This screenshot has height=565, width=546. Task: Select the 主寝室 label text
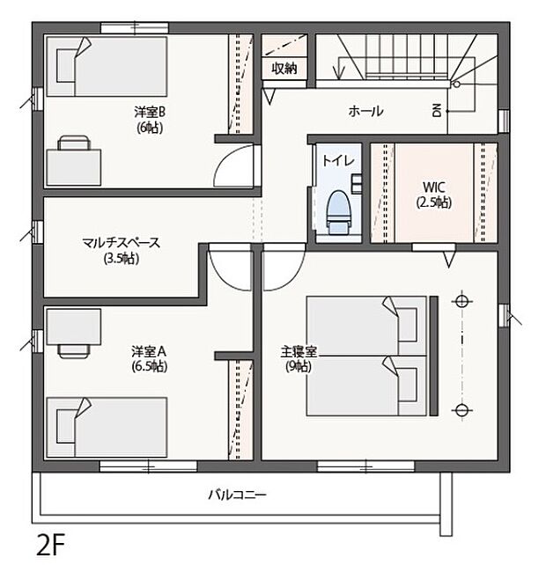[x=300, y=351]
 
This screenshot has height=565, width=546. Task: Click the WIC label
[x=434, y=187]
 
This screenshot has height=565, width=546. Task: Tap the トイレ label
[x=338, y=160]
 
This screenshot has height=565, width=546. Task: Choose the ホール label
[x=365, y=111]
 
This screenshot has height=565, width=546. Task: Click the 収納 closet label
[x=284, y=69]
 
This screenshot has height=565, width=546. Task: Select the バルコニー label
[x=237, y=495]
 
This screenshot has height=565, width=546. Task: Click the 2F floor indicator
[x=51, y=539]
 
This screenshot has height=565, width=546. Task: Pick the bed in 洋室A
[x=111, y=426]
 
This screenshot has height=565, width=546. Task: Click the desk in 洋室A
[x=74, y=333]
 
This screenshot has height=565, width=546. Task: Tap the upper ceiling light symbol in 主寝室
[x=460, y=301]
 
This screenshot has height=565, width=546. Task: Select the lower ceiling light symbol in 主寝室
[x=460, y=409]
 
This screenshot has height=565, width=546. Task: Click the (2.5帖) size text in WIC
[x=434, y=202]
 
